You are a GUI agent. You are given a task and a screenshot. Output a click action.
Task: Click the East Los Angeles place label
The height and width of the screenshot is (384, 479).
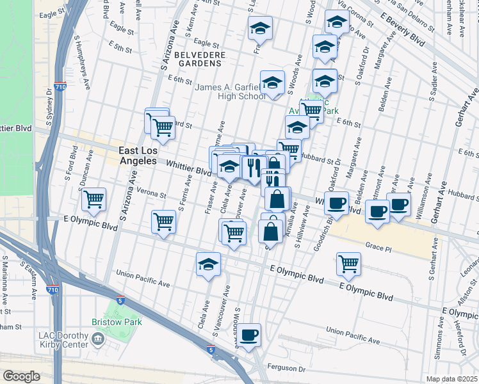point(138,156)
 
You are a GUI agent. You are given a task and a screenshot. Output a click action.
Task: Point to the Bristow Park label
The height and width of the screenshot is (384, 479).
point(116,322)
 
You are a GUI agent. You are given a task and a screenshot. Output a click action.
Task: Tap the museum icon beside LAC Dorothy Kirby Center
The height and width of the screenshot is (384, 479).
point(99,339)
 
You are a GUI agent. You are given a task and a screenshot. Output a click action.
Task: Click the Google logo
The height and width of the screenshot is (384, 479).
point(22,376)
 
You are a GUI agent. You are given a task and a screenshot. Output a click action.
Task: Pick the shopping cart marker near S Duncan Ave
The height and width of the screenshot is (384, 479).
point(94,200)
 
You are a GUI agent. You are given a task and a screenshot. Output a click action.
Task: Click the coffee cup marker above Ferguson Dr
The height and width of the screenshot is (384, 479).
point(250,333)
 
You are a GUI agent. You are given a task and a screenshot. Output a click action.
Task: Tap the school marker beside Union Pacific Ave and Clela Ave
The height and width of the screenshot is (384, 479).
point(208,264)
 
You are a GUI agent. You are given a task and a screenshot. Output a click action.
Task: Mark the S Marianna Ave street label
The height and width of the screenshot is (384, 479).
point(4,280)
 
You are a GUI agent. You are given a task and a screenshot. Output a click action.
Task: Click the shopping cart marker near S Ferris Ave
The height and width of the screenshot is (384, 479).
point(164,221)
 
